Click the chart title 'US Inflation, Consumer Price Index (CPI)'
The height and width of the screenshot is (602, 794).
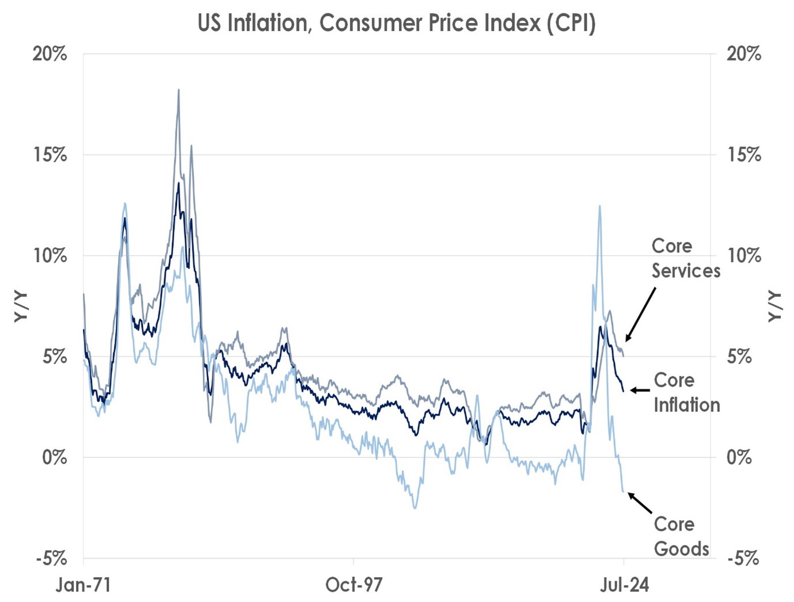pyautogui.click(x=396, y=24)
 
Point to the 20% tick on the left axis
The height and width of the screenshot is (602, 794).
pyautogui.click(x=50, y=54)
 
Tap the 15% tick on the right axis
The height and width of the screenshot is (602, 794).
pyautogui.click(x=743, y=155)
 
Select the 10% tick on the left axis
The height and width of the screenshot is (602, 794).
pyautogui.click(x=50, y=256)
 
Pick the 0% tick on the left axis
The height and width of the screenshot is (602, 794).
pyautogui.click(x=54, y=457)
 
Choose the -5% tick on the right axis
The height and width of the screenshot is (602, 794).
pyautogui.click(x=743, y=558)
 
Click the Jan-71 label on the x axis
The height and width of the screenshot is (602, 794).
pyautogui.click(x=83, y=585)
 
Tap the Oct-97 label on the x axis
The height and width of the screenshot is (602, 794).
pyautogui.click(x=354, y=585)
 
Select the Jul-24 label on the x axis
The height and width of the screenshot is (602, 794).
pyautogui.click(x=624, y=585)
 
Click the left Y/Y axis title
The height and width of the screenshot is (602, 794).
pyautogui.click(x=21, y=306)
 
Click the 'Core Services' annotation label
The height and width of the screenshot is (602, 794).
pyautogui.click(x=685, y=258)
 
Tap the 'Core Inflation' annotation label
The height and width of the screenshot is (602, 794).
pyautogui.click(x=686, y=392)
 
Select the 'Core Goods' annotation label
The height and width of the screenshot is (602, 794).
pyautogui.click(x=681, y=536)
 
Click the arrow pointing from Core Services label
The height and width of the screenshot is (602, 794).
pyautogui.click(x=640, y=315)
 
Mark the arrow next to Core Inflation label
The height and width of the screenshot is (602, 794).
pyautogui.click(x=640, y=390)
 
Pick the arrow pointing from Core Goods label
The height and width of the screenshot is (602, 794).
pyautogui.click(x=640, y=503)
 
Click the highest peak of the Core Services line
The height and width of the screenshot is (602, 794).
pyautogui.click(x=178, y=90)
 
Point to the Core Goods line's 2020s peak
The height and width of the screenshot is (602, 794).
pyautogui.click(x=600, y=206)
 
